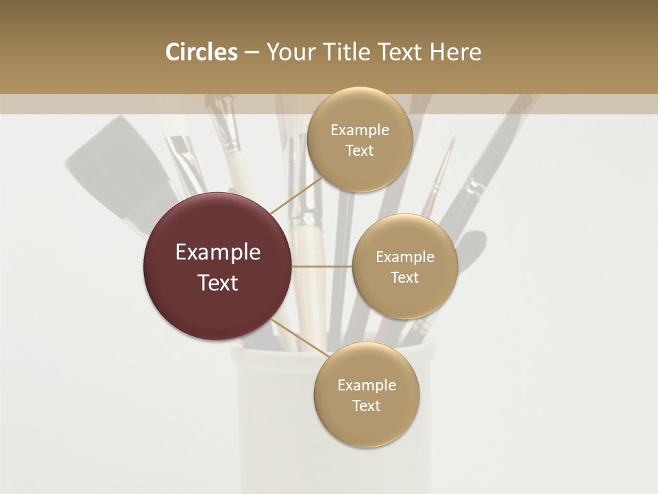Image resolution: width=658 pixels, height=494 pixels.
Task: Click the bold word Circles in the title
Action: pos(201,52)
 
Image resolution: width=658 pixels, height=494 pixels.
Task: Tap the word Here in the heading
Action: pos(456,52)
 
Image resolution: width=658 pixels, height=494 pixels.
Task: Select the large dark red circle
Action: pos(218,266)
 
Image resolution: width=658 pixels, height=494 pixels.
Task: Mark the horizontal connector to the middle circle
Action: pos(322,266)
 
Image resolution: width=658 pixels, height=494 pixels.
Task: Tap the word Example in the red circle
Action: pos(218,252)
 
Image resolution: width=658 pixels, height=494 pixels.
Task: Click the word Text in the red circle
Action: pos(218,283)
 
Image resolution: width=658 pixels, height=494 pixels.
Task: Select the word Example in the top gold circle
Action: pos(359,130)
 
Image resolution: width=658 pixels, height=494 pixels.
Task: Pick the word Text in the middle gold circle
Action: pos(404,277)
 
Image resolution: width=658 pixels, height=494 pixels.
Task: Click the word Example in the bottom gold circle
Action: pos(366,385)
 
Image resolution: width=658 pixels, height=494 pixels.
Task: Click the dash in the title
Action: pos(252,52)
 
